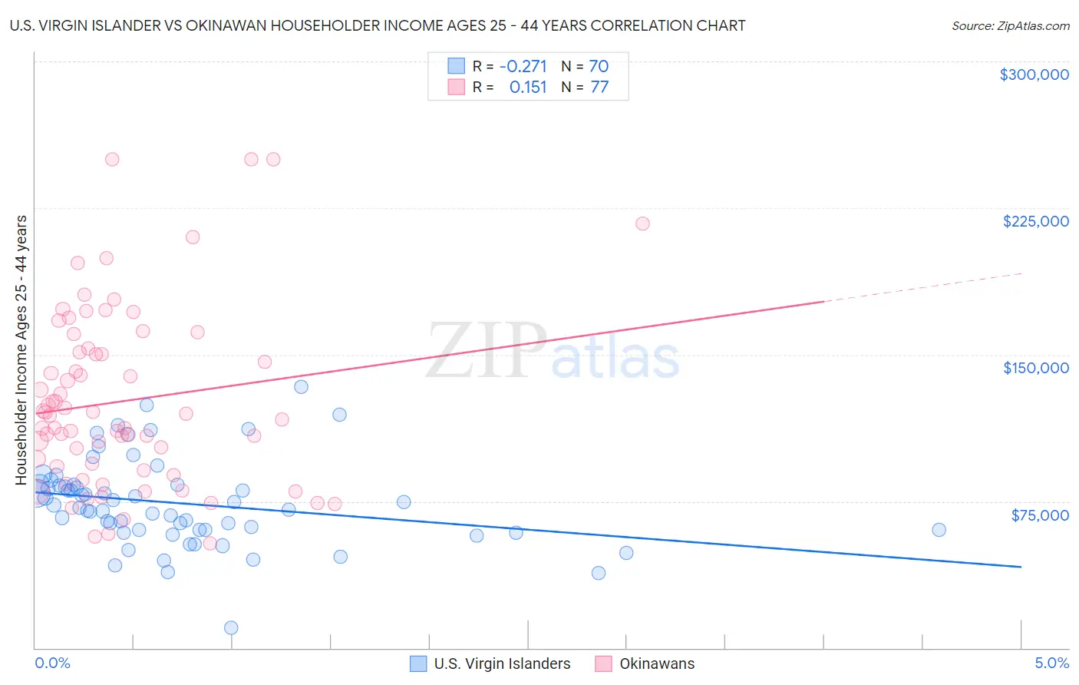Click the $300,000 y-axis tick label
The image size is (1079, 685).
[x=1034, y=74]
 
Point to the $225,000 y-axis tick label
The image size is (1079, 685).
[x=1035, y=221]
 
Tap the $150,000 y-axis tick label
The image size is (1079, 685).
[x=1035, y=368]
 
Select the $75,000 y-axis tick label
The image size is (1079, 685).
[x=1039, y=515]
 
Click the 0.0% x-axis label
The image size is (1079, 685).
[x=52, y=663]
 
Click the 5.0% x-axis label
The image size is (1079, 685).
[x=1051, y=663]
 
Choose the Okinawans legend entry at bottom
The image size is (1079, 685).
[x=656, y=663]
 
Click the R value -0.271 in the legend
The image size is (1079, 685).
[x=523, y=66]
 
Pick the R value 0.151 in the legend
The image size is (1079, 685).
[x=528, y=87]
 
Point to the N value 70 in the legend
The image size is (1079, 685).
[x=599, y=66]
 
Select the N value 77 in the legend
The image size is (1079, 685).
[x=599, y=87]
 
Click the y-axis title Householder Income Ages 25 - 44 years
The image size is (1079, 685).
[x=21, y=350]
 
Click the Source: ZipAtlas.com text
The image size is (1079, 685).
[x=1010, y=25]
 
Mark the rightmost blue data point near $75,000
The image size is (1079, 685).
[x=939, y=530]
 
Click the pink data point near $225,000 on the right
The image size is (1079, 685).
[x=642, y=223]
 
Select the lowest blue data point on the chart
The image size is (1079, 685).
[x=231, y=627]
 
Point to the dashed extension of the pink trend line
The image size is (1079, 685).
[x=921, y=288]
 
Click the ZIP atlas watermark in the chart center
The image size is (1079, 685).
[x=553, y=352]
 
